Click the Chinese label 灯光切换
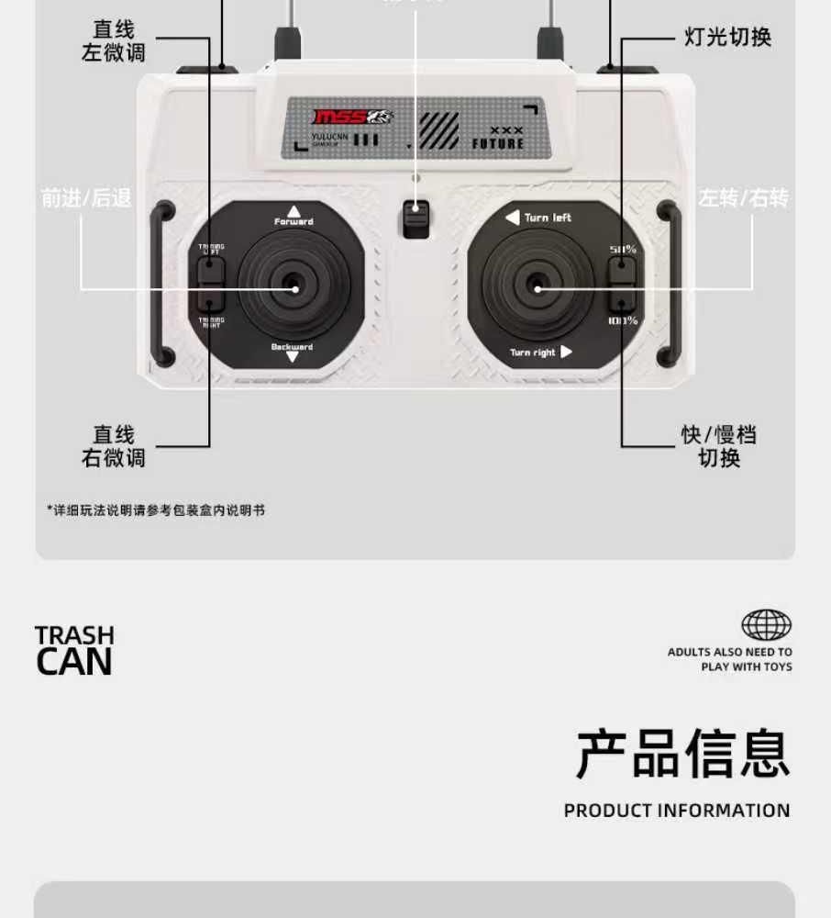pyautogui.click(x=727, y=38)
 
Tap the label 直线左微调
pyautogui.click(x=114, y=41)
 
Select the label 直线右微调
pyautogui.click(x=114, y=446)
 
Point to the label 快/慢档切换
pyautogui.click(x=719, y=446)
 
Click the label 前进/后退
pyautogui.click(x=86, y=198)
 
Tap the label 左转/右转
pyautogui.click(x=743, y=198)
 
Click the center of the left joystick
pyautogui.click(x=294, y=288)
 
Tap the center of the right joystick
pyautogui.click(x=537, y=288)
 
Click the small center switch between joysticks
pyautogui.click(x=416, y=218)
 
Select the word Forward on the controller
pyautogui.click(x=294, y=221)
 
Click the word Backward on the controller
pyautogui.click(x=292, y=347)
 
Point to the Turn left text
pyautogui.click(x=548, y=218)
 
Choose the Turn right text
pyautogui.click(x=533, y=353)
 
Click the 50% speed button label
pyautogui.click(x=623, y=249)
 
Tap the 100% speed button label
pyautogui.click(x=623, y=320)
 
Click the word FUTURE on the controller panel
pyautogui.click(x=498, y=144)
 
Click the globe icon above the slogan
pyautogui.click(x=766, y=625)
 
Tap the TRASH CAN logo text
pyautogui.click(x=74, y=650)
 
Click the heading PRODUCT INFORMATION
pyautogui.click(x=677, y=811)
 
